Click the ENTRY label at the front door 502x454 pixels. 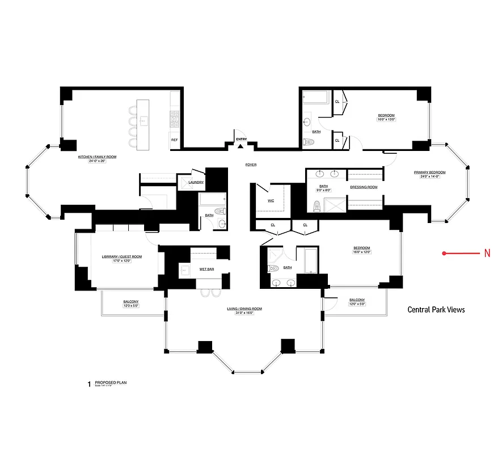(x=242, y=139)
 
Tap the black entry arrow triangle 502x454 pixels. (x=241, y=146)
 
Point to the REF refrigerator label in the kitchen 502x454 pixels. (x=174, y=140)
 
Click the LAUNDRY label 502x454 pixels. (x=196, y=182)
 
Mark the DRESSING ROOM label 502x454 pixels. (x=364, y=187)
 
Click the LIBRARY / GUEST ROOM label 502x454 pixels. (x=121, y=257)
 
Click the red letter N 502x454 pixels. (x=487, y=254)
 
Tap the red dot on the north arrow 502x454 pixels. (x=445, y=254)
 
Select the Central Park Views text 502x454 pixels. (x=436, y=310)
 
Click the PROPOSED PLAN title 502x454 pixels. (x=111, y=382)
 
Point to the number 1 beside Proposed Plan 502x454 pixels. (x=88, y=385)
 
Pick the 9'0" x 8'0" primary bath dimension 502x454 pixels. (x=323, y=190)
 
